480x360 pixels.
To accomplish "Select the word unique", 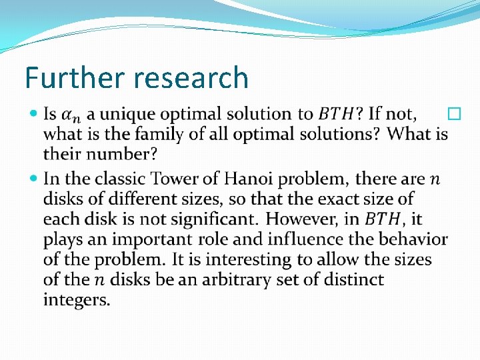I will click(124, 115).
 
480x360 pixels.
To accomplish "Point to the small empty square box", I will click(455, 115).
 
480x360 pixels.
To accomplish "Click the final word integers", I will click(76, 300).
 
